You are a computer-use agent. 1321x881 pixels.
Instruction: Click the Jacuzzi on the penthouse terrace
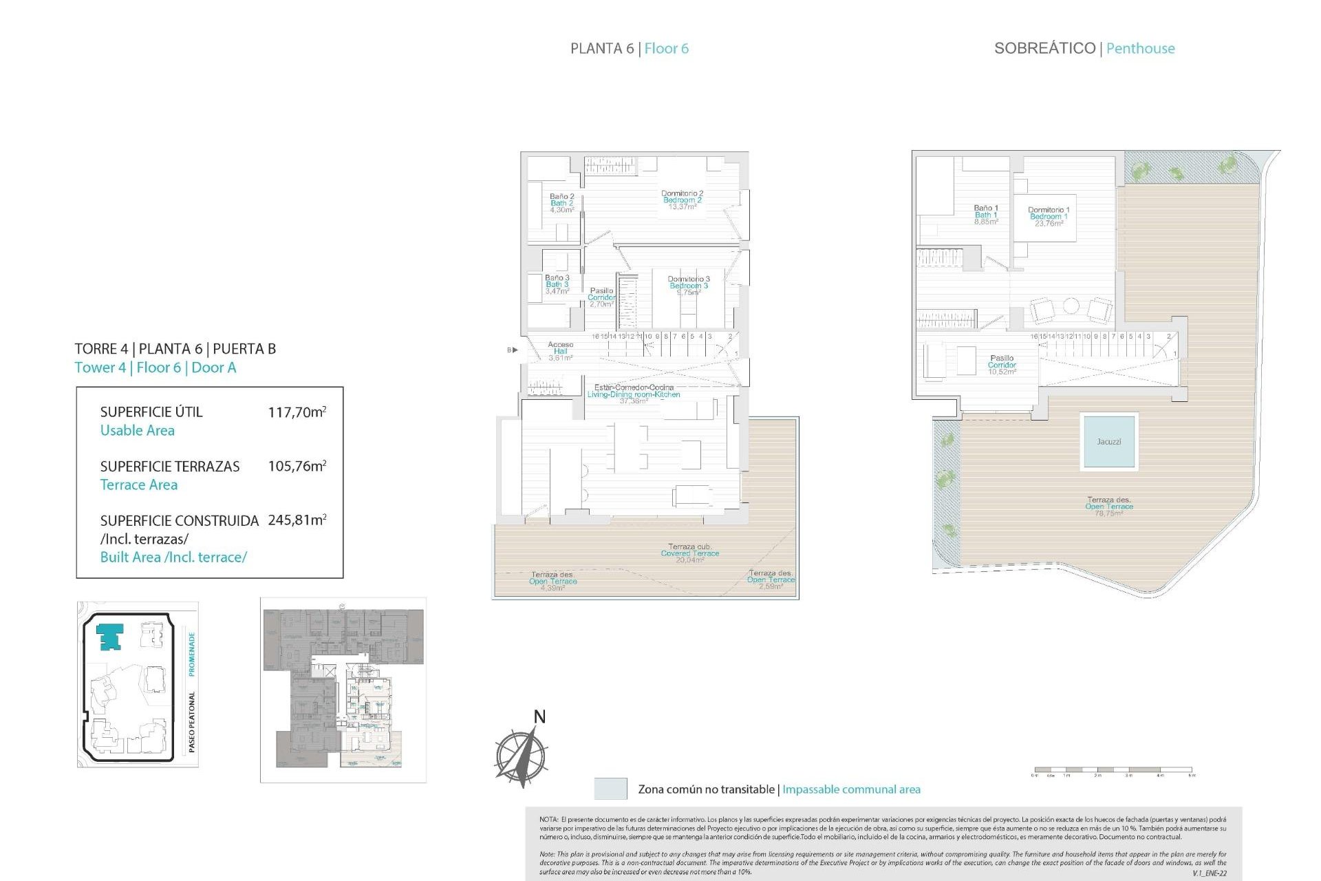[1108, 441]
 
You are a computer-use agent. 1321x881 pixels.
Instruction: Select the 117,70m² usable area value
[297, 412]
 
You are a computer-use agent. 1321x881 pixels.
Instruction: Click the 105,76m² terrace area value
[297, 467]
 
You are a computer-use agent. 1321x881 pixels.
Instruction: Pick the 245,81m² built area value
[297, 520]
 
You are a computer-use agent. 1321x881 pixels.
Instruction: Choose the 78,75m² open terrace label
[1108, 507]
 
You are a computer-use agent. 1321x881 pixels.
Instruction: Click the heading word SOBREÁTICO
[1044, 48]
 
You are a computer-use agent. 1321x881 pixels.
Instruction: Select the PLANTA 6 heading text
[601, 48]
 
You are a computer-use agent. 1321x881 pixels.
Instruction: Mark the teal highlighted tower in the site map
[109, 637]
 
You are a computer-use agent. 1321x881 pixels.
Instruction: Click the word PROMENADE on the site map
[192, 654]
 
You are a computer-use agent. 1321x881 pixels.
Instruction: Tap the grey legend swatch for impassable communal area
[610, 789]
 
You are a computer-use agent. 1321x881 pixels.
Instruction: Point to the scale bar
[1113, 769]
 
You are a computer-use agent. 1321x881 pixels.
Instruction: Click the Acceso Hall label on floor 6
[560, 351]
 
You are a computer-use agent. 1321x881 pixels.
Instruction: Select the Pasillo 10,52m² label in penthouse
[1001, 365]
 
